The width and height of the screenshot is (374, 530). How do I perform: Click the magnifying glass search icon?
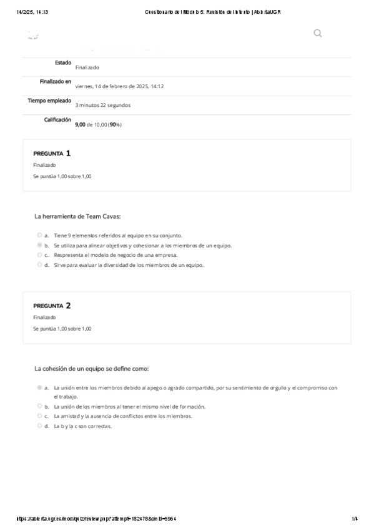tap(317, 33)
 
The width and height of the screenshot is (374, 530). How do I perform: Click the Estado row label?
tap(63, 62)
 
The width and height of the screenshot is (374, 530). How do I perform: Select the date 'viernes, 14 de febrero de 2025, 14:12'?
tap(119, 86)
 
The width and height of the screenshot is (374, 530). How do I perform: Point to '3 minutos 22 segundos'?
tap(102, 105)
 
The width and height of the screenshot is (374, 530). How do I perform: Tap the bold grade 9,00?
tap(79, 124)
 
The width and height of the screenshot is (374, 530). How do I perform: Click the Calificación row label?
tap(57, 119)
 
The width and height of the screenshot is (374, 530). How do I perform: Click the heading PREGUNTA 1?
tap(52, 153)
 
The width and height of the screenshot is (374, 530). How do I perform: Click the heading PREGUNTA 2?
tap(52, 306)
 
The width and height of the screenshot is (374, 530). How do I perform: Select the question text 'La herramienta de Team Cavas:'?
tap(77, 216)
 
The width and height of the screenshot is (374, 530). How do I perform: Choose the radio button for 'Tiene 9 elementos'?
tap(40, 236)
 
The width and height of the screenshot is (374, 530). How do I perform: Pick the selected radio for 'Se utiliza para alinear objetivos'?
tap(40, 246)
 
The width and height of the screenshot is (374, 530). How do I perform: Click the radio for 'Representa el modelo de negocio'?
tap(40, 255)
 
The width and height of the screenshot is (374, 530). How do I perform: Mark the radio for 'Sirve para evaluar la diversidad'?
tap(40, 264)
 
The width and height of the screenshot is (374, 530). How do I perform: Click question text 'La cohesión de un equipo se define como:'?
tap(92, 369)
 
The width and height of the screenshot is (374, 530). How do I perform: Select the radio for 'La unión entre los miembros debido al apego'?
tap(40, 387)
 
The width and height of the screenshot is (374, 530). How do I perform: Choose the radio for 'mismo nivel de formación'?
tap(40, 406)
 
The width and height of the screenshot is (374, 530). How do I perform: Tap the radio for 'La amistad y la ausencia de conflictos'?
tap(40, 416)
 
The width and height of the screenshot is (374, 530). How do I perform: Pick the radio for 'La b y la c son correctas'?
tap(40, 426)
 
